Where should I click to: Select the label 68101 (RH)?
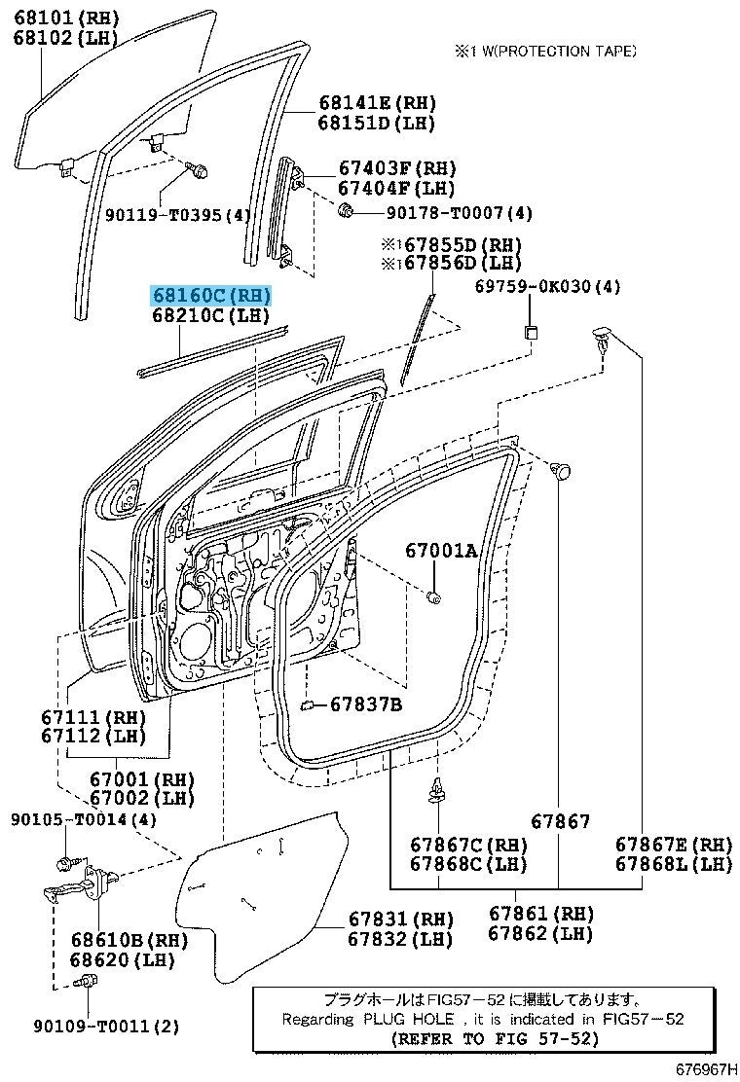pos(64,18)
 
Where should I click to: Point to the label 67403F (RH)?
pos(397,168)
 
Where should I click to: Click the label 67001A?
pos(441,552)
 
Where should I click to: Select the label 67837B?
pos(365,703)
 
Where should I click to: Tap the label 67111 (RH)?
pos(92,717)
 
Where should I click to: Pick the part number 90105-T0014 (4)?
pos(84,819)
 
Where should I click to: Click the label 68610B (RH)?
pos(129,940)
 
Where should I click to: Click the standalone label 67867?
pos(560,822)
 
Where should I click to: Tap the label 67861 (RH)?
pos(541,914)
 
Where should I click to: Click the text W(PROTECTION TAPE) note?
pos(550,51)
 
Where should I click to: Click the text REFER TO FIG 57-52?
pos(494,1038)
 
